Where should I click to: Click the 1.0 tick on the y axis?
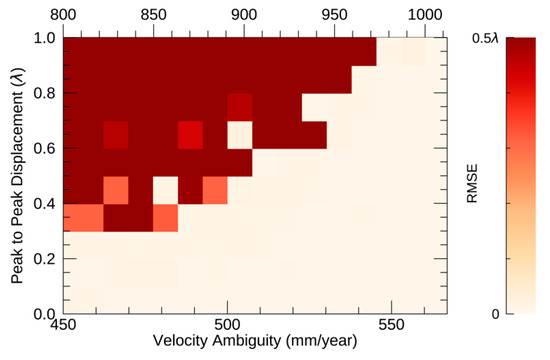pos(43,38)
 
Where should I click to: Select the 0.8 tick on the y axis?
pos(43,93)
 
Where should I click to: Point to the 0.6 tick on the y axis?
pos(43,148)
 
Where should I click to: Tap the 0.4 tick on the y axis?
pos(43,203)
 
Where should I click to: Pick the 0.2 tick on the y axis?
pos(43,258)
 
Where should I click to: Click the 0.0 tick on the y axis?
pos(43,313)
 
